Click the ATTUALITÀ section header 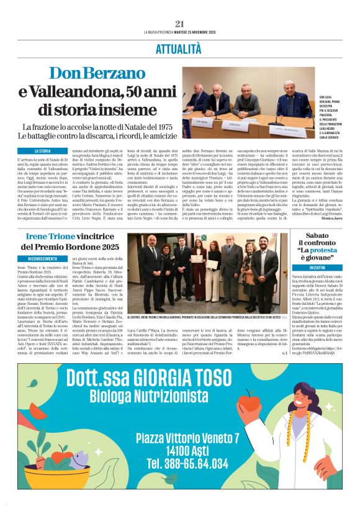[179, 48]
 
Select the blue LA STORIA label [43, 151]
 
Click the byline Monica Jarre [342, 220]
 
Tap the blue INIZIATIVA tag [304, 266]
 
